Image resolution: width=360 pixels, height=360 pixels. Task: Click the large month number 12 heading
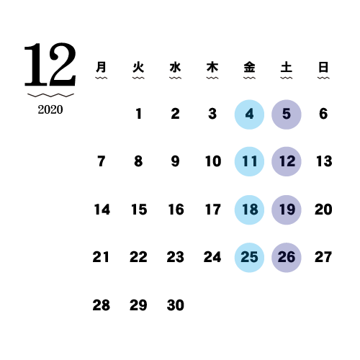tap(50, 64)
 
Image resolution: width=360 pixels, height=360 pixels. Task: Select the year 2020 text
tap(50, 109)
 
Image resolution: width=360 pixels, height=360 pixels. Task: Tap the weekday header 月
tap(101, 67)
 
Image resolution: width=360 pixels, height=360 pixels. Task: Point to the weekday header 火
tap(138, 67)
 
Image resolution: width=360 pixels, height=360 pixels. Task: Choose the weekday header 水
tap(175, 67)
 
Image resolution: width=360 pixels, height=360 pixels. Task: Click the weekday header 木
tap(212, 67)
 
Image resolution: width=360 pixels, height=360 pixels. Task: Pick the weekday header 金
tap(249, 67)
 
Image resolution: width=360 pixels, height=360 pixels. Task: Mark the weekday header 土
tap(287, 67)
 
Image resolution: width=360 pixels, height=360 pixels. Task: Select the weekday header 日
tap(323, 67)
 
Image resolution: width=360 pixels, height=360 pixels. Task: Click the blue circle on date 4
tap(249, 114)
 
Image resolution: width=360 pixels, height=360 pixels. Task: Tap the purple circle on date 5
tap(287, 114)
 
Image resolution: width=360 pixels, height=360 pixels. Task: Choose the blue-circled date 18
tap(249, 210)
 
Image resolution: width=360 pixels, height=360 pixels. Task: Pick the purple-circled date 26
tap(287, 258)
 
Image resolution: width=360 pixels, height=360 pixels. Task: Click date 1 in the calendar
tap(138, 114)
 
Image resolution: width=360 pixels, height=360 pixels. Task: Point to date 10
tap(213, 161)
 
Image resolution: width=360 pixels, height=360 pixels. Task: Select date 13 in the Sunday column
tap(324, 161)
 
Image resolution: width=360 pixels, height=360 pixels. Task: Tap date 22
tap(138, 257)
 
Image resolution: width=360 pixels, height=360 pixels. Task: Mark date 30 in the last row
tap(176, 305)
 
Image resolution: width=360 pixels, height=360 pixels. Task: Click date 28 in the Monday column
tap(102, 305)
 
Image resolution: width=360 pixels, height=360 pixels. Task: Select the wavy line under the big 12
tap(50, 95)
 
